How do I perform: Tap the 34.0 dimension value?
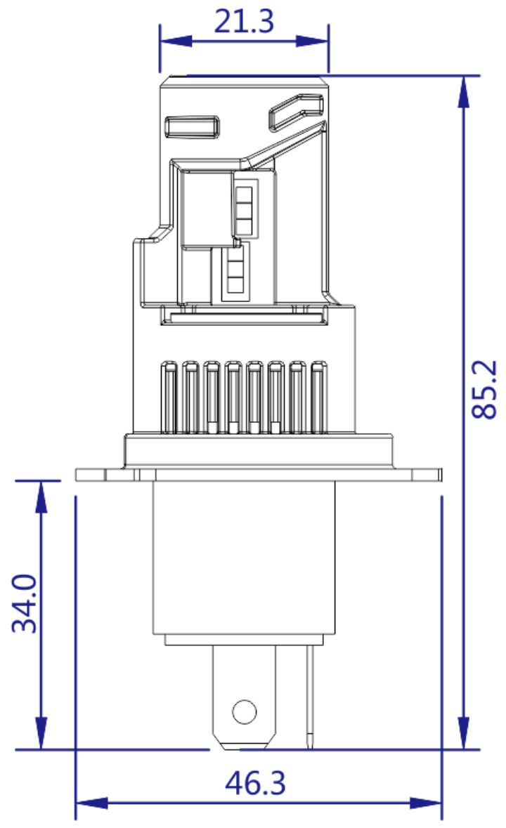26,603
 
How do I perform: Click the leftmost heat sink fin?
169,397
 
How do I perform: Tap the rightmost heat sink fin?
320,397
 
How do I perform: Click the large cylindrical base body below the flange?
244,558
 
